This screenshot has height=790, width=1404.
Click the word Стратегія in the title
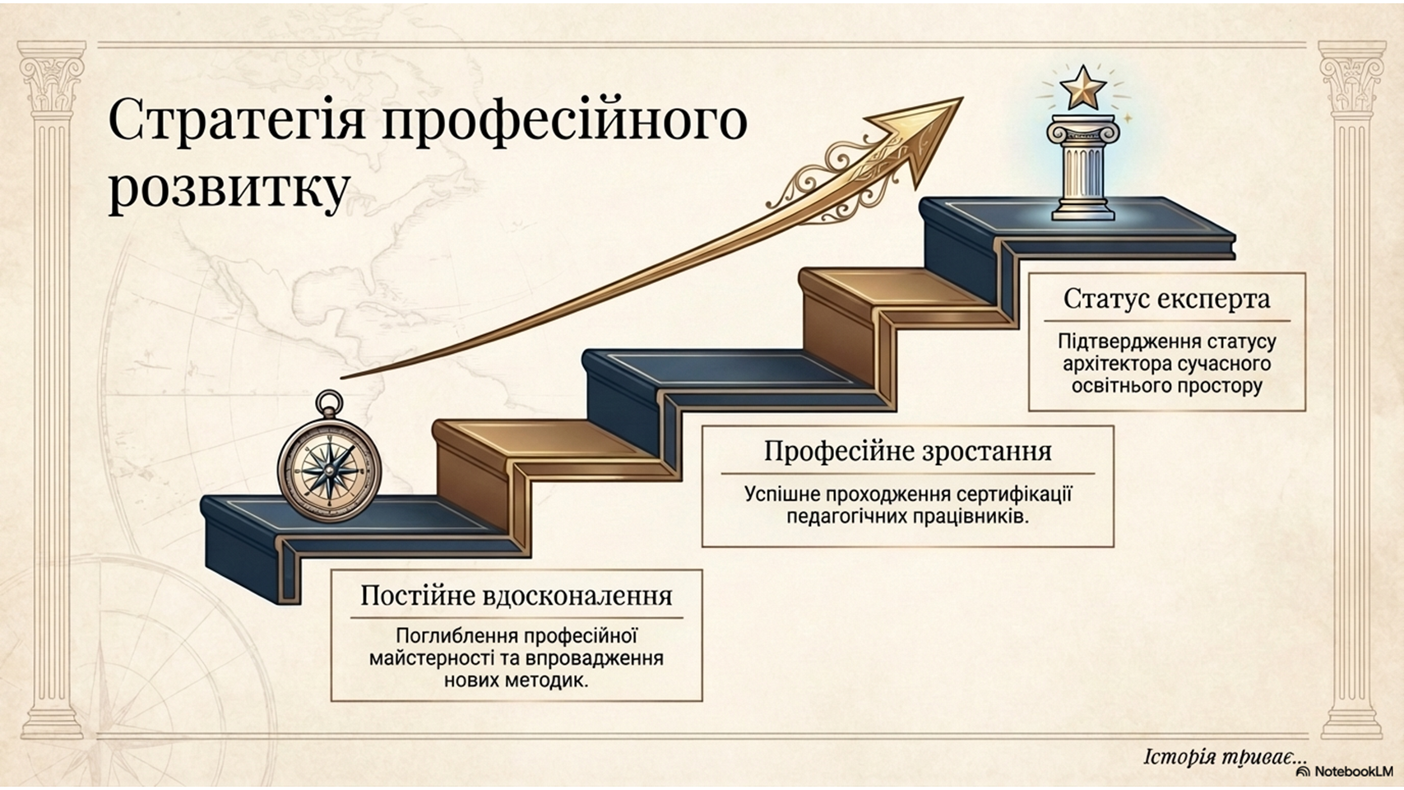tap(236, 120)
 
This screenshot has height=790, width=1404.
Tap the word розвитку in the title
tap(229, 188)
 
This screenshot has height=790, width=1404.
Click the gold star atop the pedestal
tap(1082, 88)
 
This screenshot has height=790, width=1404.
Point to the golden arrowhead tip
tap(962, 99)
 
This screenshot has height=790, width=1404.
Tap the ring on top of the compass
tap(329, 404)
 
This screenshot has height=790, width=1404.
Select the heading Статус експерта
tap(1166, 299)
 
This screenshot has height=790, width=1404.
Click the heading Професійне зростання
tap(907, 452)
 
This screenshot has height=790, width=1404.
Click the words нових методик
tap(517, 681)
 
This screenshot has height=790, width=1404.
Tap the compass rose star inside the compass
tap(330, 470)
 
